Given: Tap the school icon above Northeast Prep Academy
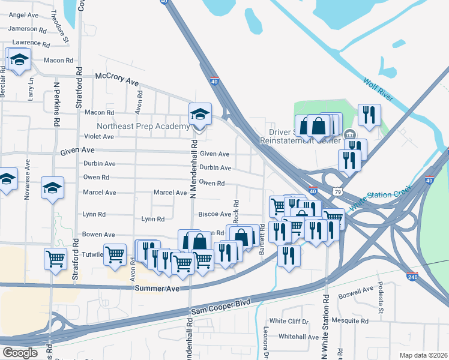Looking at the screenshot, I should click(200, 113).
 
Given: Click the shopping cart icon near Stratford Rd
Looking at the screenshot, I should click(55, 259).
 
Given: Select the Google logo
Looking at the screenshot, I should click(20, 353).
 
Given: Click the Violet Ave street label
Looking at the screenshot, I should click(99, 137).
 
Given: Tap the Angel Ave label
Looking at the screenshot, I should click(24, 14).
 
